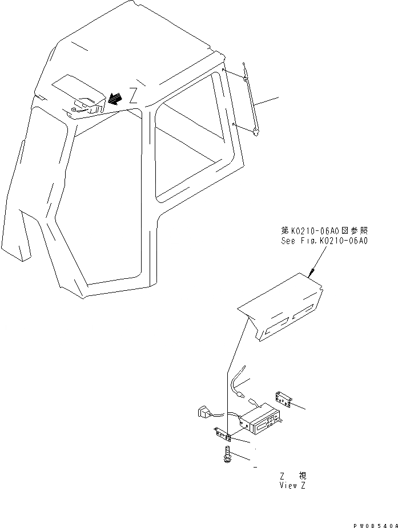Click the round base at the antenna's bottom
(256, 133)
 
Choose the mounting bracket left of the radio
(223, 434)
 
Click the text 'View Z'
(293, 485)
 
